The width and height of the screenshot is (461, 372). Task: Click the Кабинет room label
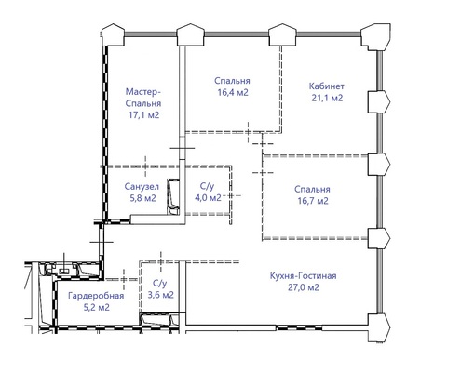(x=327, y=86)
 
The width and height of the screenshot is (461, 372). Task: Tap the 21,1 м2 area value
(x=327, y=99)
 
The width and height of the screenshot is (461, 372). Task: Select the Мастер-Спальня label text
(x=143, y=98)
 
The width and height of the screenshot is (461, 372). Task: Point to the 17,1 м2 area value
(x=143, y=115)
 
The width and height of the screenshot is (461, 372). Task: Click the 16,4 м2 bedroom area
(x=233, y=93)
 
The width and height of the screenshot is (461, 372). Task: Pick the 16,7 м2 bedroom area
(x=313, y=201)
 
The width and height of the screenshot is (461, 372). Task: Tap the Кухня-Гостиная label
(x=303, y=275)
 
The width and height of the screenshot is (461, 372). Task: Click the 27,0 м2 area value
(x=304, y=287)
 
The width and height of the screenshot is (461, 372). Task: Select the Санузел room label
(x=142, y=187)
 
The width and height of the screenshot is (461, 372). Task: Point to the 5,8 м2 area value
(x=142, y=198)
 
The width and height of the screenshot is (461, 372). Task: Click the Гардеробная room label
(x=96, y=296)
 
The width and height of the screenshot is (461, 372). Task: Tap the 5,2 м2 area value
(x=96, y=308)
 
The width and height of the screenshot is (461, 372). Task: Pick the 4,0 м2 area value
(x=208, y=197)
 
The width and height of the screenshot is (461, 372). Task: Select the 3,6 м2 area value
(x=160, y=295)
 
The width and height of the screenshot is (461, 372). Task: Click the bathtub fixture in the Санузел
(x=173, y=196)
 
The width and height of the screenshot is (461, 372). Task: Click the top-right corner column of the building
(x=376, y=36)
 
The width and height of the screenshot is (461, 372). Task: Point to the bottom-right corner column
(x=379, y=327)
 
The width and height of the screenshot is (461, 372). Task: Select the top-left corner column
(x=113, y=34)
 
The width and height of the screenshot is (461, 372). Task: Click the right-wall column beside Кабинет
(x=379, y=101)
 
